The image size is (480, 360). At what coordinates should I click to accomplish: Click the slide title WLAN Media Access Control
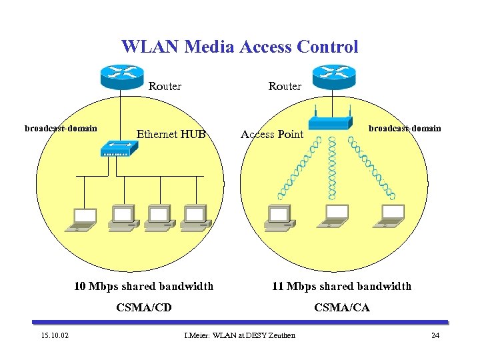(x=239, y=47)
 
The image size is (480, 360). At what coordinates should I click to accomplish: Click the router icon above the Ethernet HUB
(x=121, y=75)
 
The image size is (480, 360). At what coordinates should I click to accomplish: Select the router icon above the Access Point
(x=333, y=75)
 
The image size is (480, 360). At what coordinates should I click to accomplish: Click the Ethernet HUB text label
(x=171, y=134)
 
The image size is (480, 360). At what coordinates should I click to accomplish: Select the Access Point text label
(x=271, y=134)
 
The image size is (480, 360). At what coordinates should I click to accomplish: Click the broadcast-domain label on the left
(x=61, y=128)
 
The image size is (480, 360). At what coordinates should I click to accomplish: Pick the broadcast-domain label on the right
(x=405, y=128)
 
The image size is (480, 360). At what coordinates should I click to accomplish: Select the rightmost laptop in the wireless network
(x=391, y=215)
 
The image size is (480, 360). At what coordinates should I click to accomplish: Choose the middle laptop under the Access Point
(x=335, y=215)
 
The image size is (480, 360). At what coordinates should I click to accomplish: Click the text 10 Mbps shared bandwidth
(x=143, y=287)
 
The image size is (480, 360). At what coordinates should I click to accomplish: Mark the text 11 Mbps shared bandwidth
(x=341, y=287)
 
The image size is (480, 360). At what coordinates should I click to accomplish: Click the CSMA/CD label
(x=143, y=307)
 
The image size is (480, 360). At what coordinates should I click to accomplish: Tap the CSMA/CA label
(x=341, y=307)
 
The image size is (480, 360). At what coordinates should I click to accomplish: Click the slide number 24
(x=435, y=335)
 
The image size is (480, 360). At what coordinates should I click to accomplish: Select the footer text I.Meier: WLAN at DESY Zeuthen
(x=239, y=335)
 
